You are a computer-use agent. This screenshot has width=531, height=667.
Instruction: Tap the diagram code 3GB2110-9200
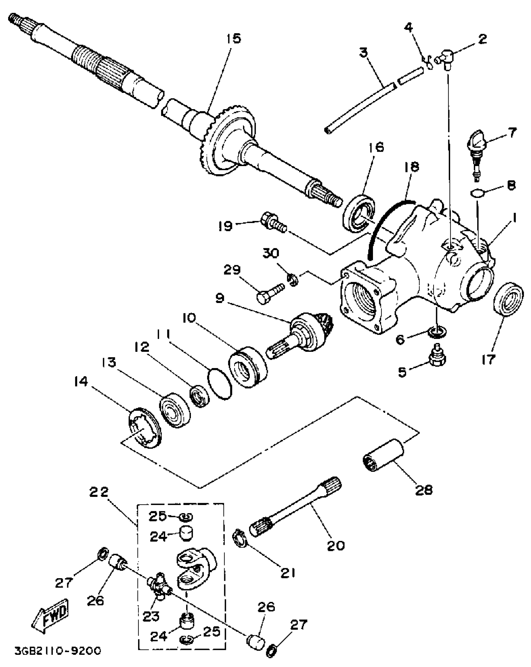[x=58, y=651]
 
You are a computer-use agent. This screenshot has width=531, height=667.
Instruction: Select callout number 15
[x=234, y=39]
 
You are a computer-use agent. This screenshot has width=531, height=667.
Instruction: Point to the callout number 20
[x=336, y=545]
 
